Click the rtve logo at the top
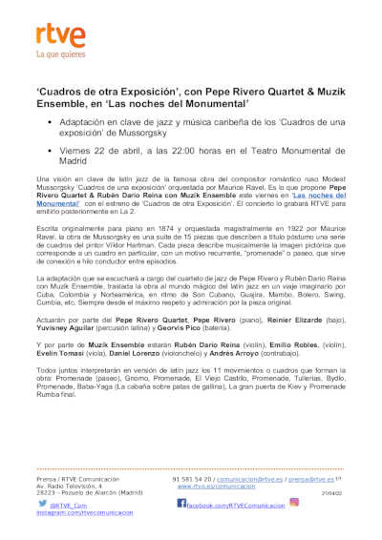(x=56, y=35)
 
